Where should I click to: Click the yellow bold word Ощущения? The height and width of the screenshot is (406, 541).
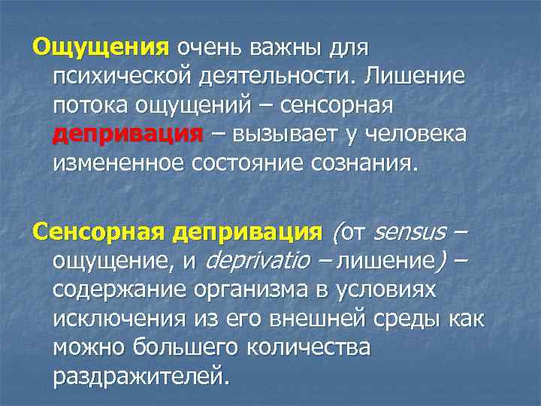101,48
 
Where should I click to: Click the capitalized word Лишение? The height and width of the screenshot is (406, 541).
417,77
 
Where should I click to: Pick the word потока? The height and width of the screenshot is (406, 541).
87,106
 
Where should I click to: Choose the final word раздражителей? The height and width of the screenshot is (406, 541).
139,376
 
